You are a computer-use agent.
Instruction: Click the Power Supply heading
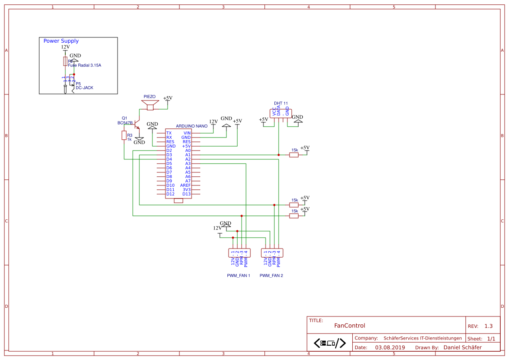tap(61, 41)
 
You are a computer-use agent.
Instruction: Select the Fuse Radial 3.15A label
tap(84, 65)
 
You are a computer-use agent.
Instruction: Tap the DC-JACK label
tap(84, 88)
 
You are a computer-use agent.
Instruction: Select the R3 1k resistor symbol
tap(124, 135)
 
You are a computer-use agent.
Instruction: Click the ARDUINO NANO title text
tap(192, 126)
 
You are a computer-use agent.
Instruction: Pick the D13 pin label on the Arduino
tap(186, 194)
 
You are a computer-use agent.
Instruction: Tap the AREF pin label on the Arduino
tap(185, 185)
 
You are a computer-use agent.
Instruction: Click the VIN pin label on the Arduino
tap(187, 133)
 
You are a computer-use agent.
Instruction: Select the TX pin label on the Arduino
tap(169, 133)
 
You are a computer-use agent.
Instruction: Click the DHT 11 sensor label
tap(281, 104)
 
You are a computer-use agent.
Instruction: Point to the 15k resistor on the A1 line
tap(294, 155)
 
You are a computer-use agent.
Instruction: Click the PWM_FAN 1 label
tap(239, 276)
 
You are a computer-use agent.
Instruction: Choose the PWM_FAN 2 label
tap(271, 276)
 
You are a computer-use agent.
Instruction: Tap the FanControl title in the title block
tap(350, 326)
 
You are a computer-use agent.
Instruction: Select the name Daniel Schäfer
tap(462, 347)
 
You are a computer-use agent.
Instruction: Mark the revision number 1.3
tap(489, 326)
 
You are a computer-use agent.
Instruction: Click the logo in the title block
tap(330, 343)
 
